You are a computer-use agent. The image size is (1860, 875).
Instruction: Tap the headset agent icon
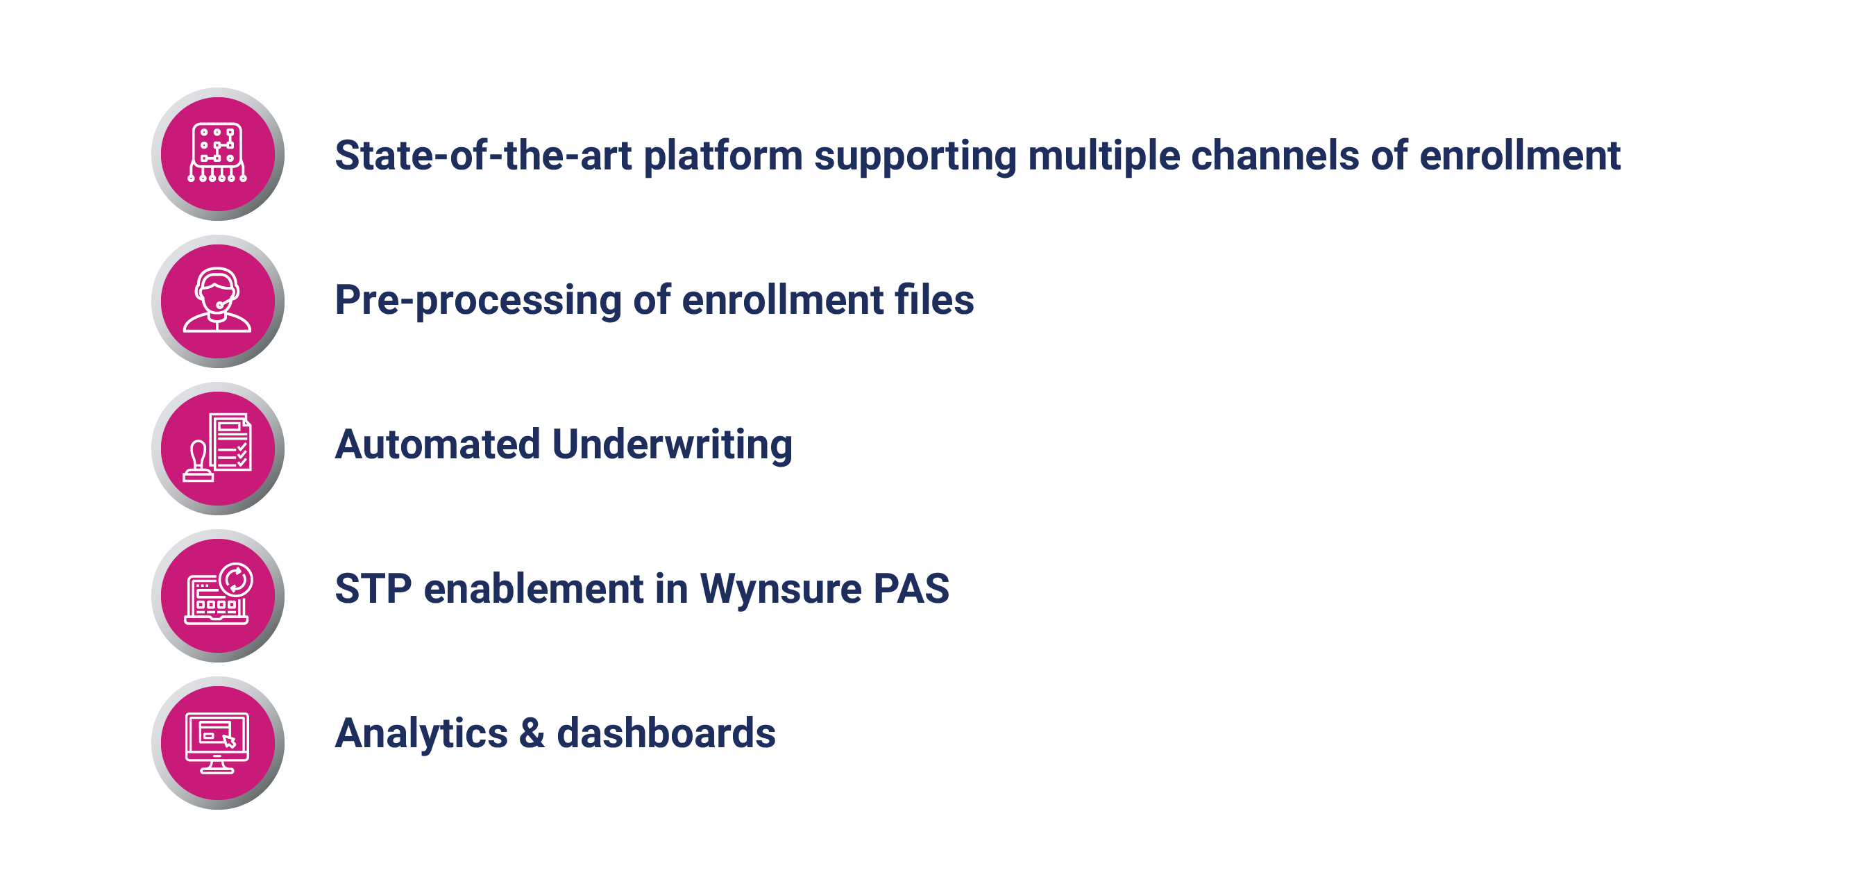[x=217, y=300]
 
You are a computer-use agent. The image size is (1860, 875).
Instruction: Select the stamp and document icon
[x=217, y=447]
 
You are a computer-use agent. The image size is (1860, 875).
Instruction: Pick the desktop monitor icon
[x=217, y=743]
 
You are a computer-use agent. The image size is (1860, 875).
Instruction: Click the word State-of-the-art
[x=483, y=156]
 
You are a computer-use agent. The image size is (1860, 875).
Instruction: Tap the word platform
[x=722, y=157]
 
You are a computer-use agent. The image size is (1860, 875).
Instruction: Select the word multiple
[x=1104, y=157]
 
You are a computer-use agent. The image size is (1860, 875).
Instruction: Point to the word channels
[x=1275, y=156]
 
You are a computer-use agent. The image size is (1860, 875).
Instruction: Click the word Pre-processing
[x=478, y=301]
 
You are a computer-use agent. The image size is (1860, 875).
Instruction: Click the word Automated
[x=437, y=444]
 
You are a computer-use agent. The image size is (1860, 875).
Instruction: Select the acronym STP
[x=373, y=589]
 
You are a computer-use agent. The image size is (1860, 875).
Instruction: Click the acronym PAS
[x=911, y=589]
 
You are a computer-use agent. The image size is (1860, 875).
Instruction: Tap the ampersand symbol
[x=532, y=733]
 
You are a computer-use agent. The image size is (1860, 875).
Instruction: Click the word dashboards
[x=666, y=733]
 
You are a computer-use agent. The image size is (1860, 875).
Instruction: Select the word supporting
[x=915, y=157]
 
